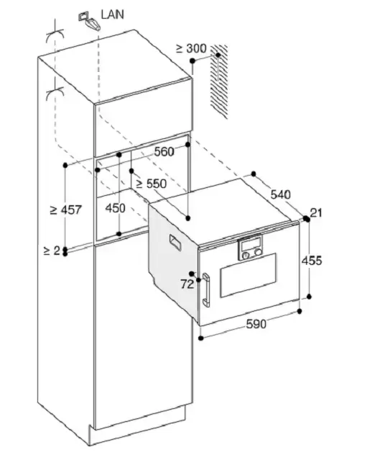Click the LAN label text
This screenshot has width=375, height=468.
(x=112, y=14)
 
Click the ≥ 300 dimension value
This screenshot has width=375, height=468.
(x=191, y=48)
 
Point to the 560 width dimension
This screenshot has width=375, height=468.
(x=164, y=152)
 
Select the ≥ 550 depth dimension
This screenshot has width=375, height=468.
(x=152, y=184)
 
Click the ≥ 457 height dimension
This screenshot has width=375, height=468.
(x=65, y=210)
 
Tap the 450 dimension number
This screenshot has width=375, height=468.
(x=115, y=208)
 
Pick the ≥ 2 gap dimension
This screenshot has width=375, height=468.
(x=52, y=251)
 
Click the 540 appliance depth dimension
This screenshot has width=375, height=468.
(x=281, y=194)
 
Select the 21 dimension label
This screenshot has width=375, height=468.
(x=316, y=213)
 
